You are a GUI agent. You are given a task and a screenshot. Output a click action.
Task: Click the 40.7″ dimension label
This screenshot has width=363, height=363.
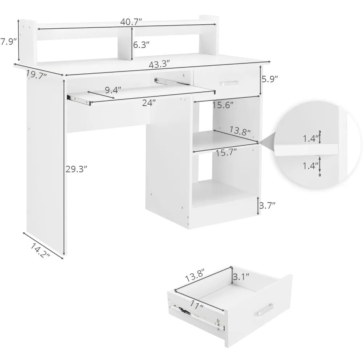pyautogui.click(x=131, y=22)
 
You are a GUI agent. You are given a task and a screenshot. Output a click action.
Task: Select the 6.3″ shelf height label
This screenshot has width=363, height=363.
pyautogui.click(x=141, y=44)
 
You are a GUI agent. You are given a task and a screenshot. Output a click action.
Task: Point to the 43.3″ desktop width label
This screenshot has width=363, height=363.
pyautogui.click(x=159, y=64)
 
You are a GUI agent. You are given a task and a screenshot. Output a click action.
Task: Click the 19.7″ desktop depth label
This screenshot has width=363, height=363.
pyautogui.click(x=37, y=74)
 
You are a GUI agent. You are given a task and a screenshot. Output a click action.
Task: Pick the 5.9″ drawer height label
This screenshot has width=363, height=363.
pyautogui.click(x=269, y=79)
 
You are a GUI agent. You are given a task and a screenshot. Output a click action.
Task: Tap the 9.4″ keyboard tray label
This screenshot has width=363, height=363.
pyautogui.click(x=113, y=90)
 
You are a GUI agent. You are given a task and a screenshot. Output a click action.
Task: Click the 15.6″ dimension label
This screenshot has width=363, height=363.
pyautogui.click(x=223, y=105)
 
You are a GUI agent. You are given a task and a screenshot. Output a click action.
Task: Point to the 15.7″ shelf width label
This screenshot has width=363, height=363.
pyautogui.click(x=226, y=152)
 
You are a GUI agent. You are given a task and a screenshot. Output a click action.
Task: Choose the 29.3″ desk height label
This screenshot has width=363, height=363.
pyautogui.click(x=76, y=169)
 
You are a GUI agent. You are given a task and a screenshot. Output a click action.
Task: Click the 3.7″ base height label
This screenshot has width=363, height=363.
pyautogui.click(x=267, y=205)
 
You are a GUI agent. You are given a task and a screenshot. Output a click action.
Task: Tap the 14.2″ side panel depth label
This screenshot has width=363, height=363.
pyautogui.click(x=40, y=251)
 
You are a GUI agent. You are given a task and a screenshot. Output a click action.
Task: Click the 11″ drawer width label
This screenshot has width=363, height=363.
pyautogui.click(x=197, y=305)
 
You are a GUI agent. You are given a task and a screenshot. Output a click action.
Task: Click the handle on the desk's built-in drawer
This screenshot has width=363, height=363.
pyautogui.click(x=229, y=83)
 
